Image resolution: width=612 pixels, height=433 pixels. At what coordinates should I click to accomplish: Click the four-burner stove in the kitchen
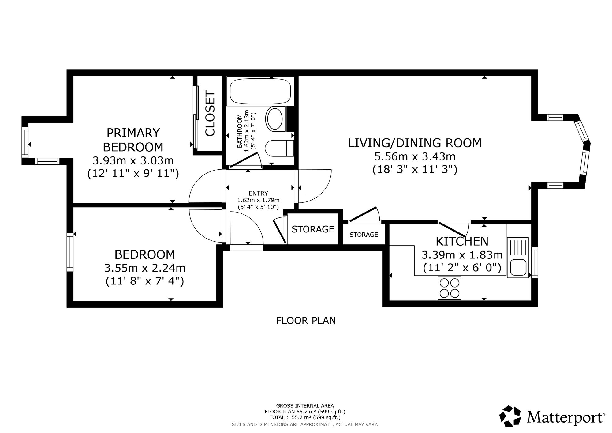[449, 288]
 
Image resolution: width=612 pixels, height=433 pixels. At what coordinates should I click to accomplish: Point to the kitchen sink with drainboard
[517, 258]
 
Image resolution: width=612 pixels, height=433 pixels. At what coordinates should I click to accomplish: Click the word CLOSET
[210, 113]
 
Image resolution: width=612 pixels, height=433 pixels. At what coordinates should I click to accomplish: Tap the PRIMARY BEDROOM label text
[133, 140]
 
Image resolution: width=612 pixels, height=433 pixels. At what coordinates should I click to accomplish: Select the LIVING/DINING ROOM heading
[415, 143]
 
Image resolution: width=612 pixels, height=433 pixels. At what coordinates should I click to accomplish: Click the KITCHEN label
[462, 241]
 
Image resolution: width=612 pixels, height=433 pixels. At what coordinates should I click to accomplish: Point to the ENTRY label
[258, 193]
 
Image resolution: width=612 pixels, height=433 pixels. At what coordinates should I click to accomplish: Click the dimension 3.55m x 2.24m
[145, 268]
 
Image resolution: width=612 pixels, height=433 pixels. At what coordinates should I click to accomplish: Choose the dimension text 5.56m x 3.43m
[415, 156]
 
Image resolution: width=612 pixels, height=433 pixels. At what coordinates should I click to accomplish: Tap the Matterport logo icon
[510, 416]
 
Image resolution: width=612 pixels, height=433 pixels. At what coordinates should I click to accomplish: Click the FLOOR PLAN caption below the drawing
[306, 321]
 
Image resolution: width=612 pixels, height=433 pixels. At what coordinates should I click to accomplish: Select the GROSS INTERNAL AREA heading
[305, 406]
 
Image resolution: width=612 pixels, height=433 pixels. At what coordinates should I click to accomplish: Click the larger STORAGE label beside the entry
[313, 229]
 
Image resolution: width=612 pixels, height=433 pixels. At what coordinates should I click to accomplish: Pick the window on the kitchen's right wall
[535, 262]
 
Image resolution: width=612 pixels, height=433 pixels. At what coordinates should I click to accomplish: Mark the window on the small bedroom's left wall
[70, 252]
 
